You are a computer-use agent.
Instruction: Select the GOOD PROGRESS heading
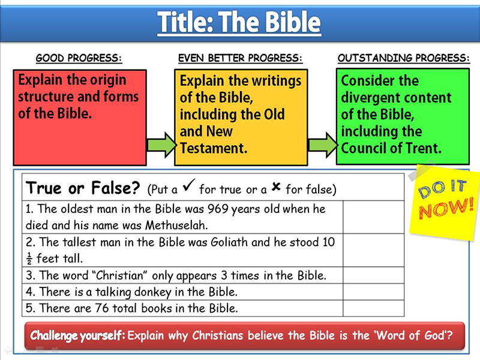[x=79, y=58]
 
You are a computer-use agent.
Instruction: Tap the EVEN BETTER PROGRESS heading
[x=241, y=58]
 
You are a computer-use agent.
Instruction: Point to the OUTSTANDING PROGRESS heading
[x=403, y=58]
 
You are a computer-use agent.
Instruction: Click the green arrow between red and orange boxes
[x=161, y=145]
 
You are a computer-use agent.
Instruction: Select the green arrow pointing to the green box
[x=322, y=145]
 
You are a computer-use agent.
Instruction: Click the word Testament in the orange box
[x=214, y=148]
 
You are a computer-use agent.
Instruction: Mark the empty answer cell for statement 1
[x=373, y=217]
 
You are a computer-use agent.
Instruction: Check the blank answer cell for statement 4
[x=373, y=292]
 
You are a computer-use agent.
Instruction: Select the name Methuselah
[x=176, y=226]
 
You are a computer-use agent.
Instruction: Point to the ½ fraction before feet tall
[x=29, y=259]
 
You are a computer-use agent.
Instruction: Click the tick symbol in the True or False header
[x=189, y=185]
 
